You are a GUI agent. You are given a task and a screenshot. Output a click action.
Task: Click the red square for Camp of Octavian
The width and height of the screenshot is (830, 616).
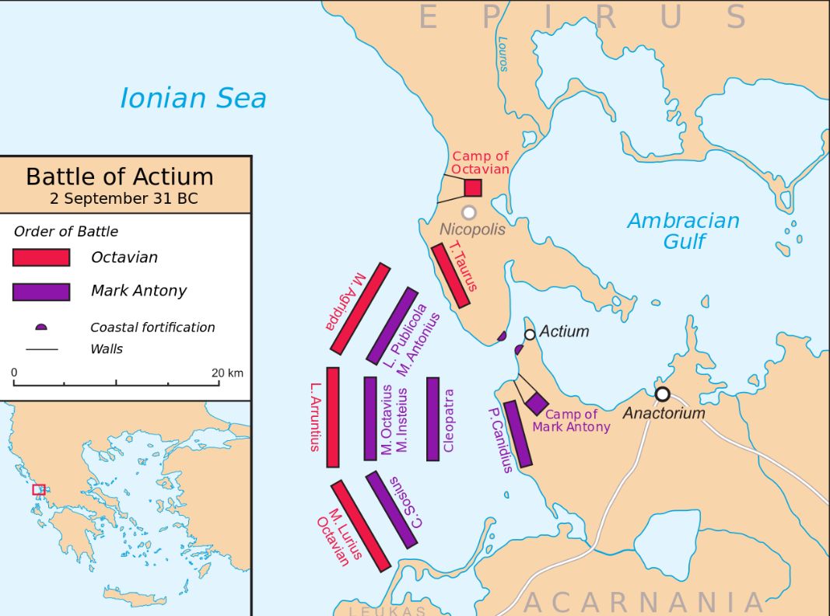pyautogui.click(x=473, y=187)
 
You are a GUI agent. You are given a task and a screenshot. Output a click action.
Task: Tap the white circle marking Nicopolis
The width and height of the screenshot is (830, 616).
pyautogui.click(x=468, y=212)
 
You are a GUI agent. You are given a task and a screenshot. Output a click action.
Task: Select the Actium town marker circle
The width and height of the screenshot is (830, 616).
pyautogui.click(x=530, y=334)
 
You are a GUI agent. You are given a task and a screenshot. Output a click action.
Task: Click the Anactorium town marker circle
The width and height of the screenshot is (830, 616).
pyautogui.click(x=662, y=394)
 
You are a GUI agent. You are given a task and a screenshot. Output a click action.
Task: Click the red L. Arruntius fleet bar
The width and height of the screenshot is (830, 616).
pyautogui.click(x=333, y=417)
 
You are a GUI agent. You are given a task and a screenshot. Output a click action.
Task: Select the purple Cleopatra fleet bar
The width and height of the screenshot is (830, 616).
pyautogui.click(x=433, y=419)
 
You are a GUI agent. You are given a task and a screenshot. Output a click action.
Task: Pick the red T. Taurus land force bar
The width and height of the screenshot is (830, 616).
pyautogui.click(x=451, y=276)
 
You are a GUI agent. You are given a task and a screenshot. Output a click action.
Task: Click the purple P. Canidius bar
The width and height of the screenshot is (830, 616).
pyautogui.click(x=518, y=434)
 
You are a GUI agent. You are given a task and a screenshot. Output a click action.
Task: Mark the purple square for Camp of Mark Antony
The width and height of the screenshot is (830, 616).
pyautogui.click(x=536, y=404)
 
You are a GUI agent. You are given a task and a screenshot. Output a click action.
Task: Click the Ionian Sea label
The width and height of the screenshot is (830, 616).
pyautogui.click(x=193, y=99)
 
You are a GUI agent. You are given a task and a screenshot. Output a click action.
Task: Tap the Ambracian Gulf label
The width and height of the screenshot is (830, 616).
pyautogui.click(x=683, y=230)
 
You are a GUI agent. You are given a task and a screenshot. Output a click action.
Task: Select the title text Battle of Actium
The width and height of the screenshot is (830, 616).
pyautogui.click(x=120, y=177)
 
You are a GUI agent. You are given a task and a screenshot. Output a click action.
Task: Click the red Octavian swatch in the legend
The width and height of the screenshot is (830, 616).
pyautogui.click(x=41, y=257)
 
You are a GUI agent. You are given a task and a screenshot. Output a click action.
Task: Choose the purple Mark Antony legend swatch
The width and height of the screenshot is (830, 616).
pyautogui.click(x=41, y=292)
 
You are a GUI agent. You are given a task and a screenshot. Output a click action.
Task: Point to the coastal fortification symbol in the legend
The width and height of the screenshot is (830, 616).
pyautogui.click(x=41, y=327)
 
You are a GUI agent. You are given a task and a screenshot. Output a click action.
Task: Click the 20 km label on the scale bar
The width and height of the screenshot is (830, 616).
pyautogui.click(x=227, y=373)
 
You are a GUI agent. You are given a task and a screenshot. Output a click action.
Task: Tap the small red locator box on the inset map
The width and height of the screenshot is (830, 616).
pyautogui.click(x=38, y=489)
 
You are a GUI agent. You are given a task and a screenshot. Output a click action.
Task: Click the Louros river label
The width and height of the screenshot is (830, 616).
pyautogui.click(x=503, y=54)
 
